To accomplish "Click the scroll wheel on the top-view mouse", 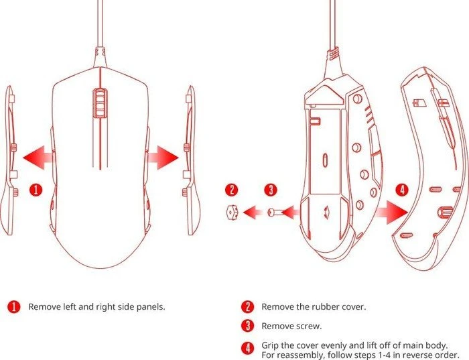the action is (x=100, y=103).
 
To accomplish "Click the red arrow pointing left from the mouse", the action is (x=38, y=158).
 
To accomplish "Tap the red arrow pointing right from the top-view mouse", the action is (x=163, y=158).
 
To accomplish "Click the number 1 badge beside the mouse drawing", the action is (x=36, y=190).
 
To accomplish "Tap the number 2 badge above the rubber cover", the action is (x=232, y=190).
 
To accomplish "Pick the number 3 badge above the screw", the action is (x=271, y=190).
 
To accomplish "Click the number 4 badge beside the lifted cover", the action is (x=402, y=190).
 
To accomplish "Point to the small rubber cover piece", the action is (x=231, y=213).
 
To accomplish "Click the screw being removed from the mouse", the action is (x=275, y=213).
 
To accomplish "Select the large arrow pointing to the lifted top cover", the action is (x=391, y=212).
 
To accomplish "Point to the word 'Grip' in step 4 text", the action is (x=270, y=346).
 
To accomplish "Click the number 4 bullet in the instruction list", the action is (x=248, y=349).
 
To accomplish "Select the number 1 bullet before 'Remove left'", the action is (x=14, y=307).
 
